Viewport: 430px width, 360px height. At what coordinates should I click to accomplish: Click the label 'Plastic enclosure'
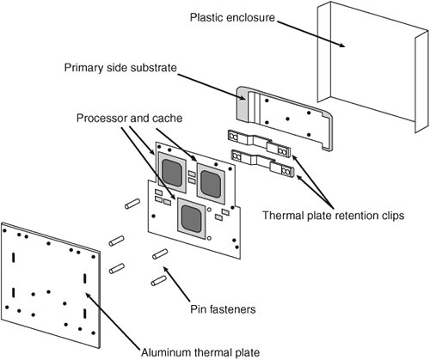pyautogui.click(x=232, y=17)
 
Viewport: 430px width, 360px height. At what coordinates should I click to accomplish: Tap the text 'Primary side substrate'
pyautogui.click(x=120, y=68)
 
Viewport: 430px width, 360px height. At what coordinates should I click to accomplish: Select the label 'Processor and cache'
pyautogui.click(x=129, y=118)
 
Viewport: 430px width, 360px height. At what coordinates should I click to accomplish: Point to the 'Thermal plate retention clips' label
pyautogui.click(x=334, y=216)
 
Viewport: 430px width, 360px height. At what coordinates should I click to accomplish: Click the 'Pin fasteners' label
pyautogui.click(x=223, y=309)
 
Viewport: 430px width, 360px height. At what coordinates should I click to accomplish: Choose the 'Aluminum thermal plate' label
pyautogui.click(x=200, y=352)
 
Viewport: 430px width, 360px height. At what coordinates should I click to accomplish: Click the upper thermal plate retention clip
pyautogui.click(x=259, y=143)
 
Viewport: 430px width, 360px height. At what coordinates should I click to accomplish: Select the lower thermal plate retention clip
pyautogui.click(x=262, y=162)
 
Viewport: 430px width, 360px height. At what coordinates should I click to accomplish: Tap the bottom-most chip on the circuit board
pyautogui.click(x=192, y=218)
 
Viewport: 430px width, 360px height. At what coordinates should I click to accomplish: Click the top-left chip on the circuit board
pyautogui.click(x=172, y=173)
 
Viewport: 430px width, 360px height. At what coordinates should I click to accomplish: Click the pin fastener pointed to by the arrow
pyautogui.click(x=160, y=254)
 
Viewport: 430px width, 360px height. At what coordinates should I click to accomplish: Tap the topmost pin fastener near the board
pyautogui.click(x=132, y=204)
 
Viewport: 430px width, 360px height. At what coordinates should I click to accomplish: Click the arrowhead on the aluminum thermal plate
pyautogui.click(x=88, y=296)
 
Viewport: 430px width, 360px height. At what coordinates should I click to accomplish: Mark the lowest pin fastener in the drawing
pyautogui.click(x=159, y=281)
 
